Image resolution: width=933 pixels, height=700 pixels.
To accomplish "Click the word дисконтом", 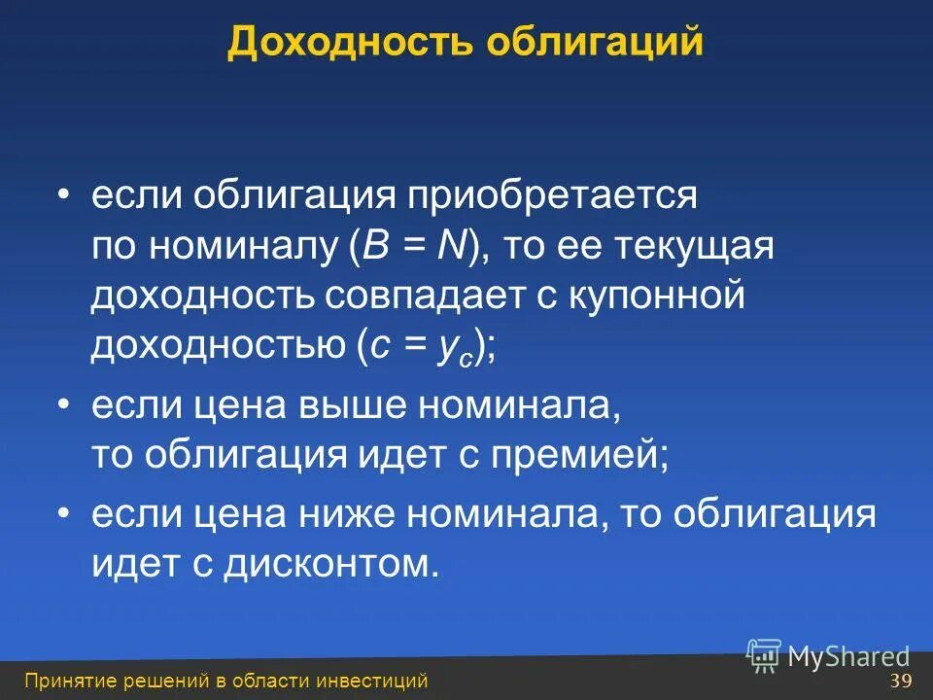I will click(324, 563).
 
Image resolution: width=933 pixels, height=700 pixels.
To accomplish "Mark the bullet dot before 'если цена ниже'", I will click(63, 513).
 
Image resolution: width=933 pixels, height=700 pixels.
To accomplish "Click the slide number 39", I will click(900, 680).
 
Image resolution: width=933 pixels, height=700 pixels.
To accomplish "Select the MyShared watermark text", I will click(848, 656).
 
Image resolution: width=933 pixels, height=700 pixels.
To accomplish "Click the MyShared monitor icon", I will click(764, 655).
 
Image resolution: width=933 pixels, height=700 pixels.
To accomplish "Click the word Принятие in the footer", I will click(63, 681).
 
